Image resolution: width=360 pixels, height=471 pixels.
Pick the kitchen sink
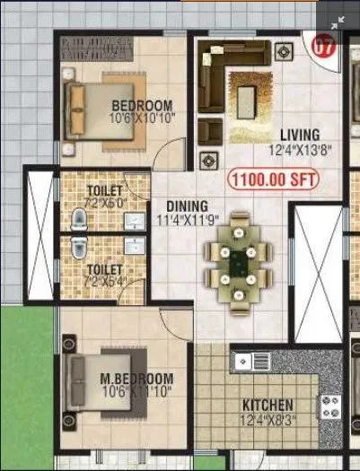coord(251,362)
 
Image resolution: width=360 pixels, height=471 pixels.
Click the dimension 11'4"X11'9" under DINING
coord(182,220)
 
